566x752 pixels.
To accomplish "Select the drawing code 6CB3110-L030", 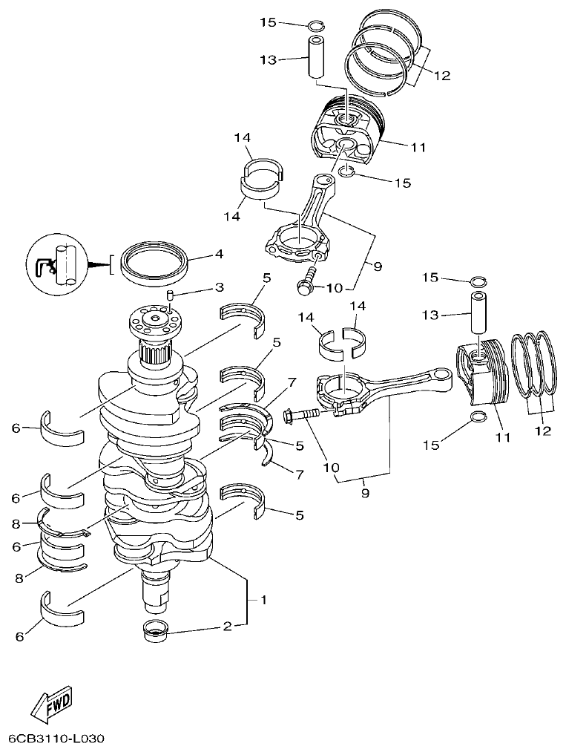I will click(57, 739).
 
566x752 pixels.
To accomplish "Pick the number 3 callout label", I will click(219, 287).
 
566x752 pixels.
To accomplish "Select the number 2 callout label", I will click(227, 627).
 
